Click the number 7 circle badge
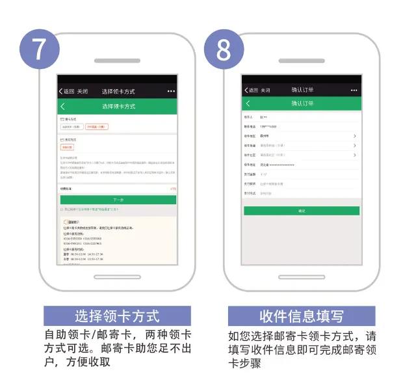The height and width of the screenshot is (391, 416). click(x=40, y=49)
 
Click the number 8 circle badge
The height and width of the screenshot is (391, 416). click(x=224, y=49)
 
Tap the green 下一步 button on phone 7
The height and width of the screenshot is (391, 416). click(x=118, y=200)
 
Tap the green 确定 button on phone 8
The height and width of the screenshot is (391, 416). click(x=301, y=211)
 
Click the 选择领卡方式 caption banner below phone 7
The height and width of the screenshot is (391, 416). click(x=117, y=317)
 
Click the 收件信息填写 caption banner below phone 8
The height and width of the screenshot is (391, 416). click(x=301, y=317)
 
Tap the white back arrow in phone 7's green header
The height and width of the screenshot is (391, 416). click(x=63, y=105)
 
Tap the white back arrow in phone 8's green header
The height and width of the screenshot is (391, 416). click(x=248, y=103)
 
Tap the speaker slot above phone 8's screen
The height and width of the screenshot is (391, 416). click(x=301, y=61)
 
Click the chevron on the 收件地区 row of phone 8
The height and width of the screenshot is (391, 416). click(x=355, y=136)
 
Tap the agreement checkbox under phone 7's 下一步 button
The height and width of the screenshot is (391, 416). click(x=62, y=209)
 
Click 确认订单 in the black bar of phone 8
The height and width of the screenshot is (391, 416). click(x=302, y=90)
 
